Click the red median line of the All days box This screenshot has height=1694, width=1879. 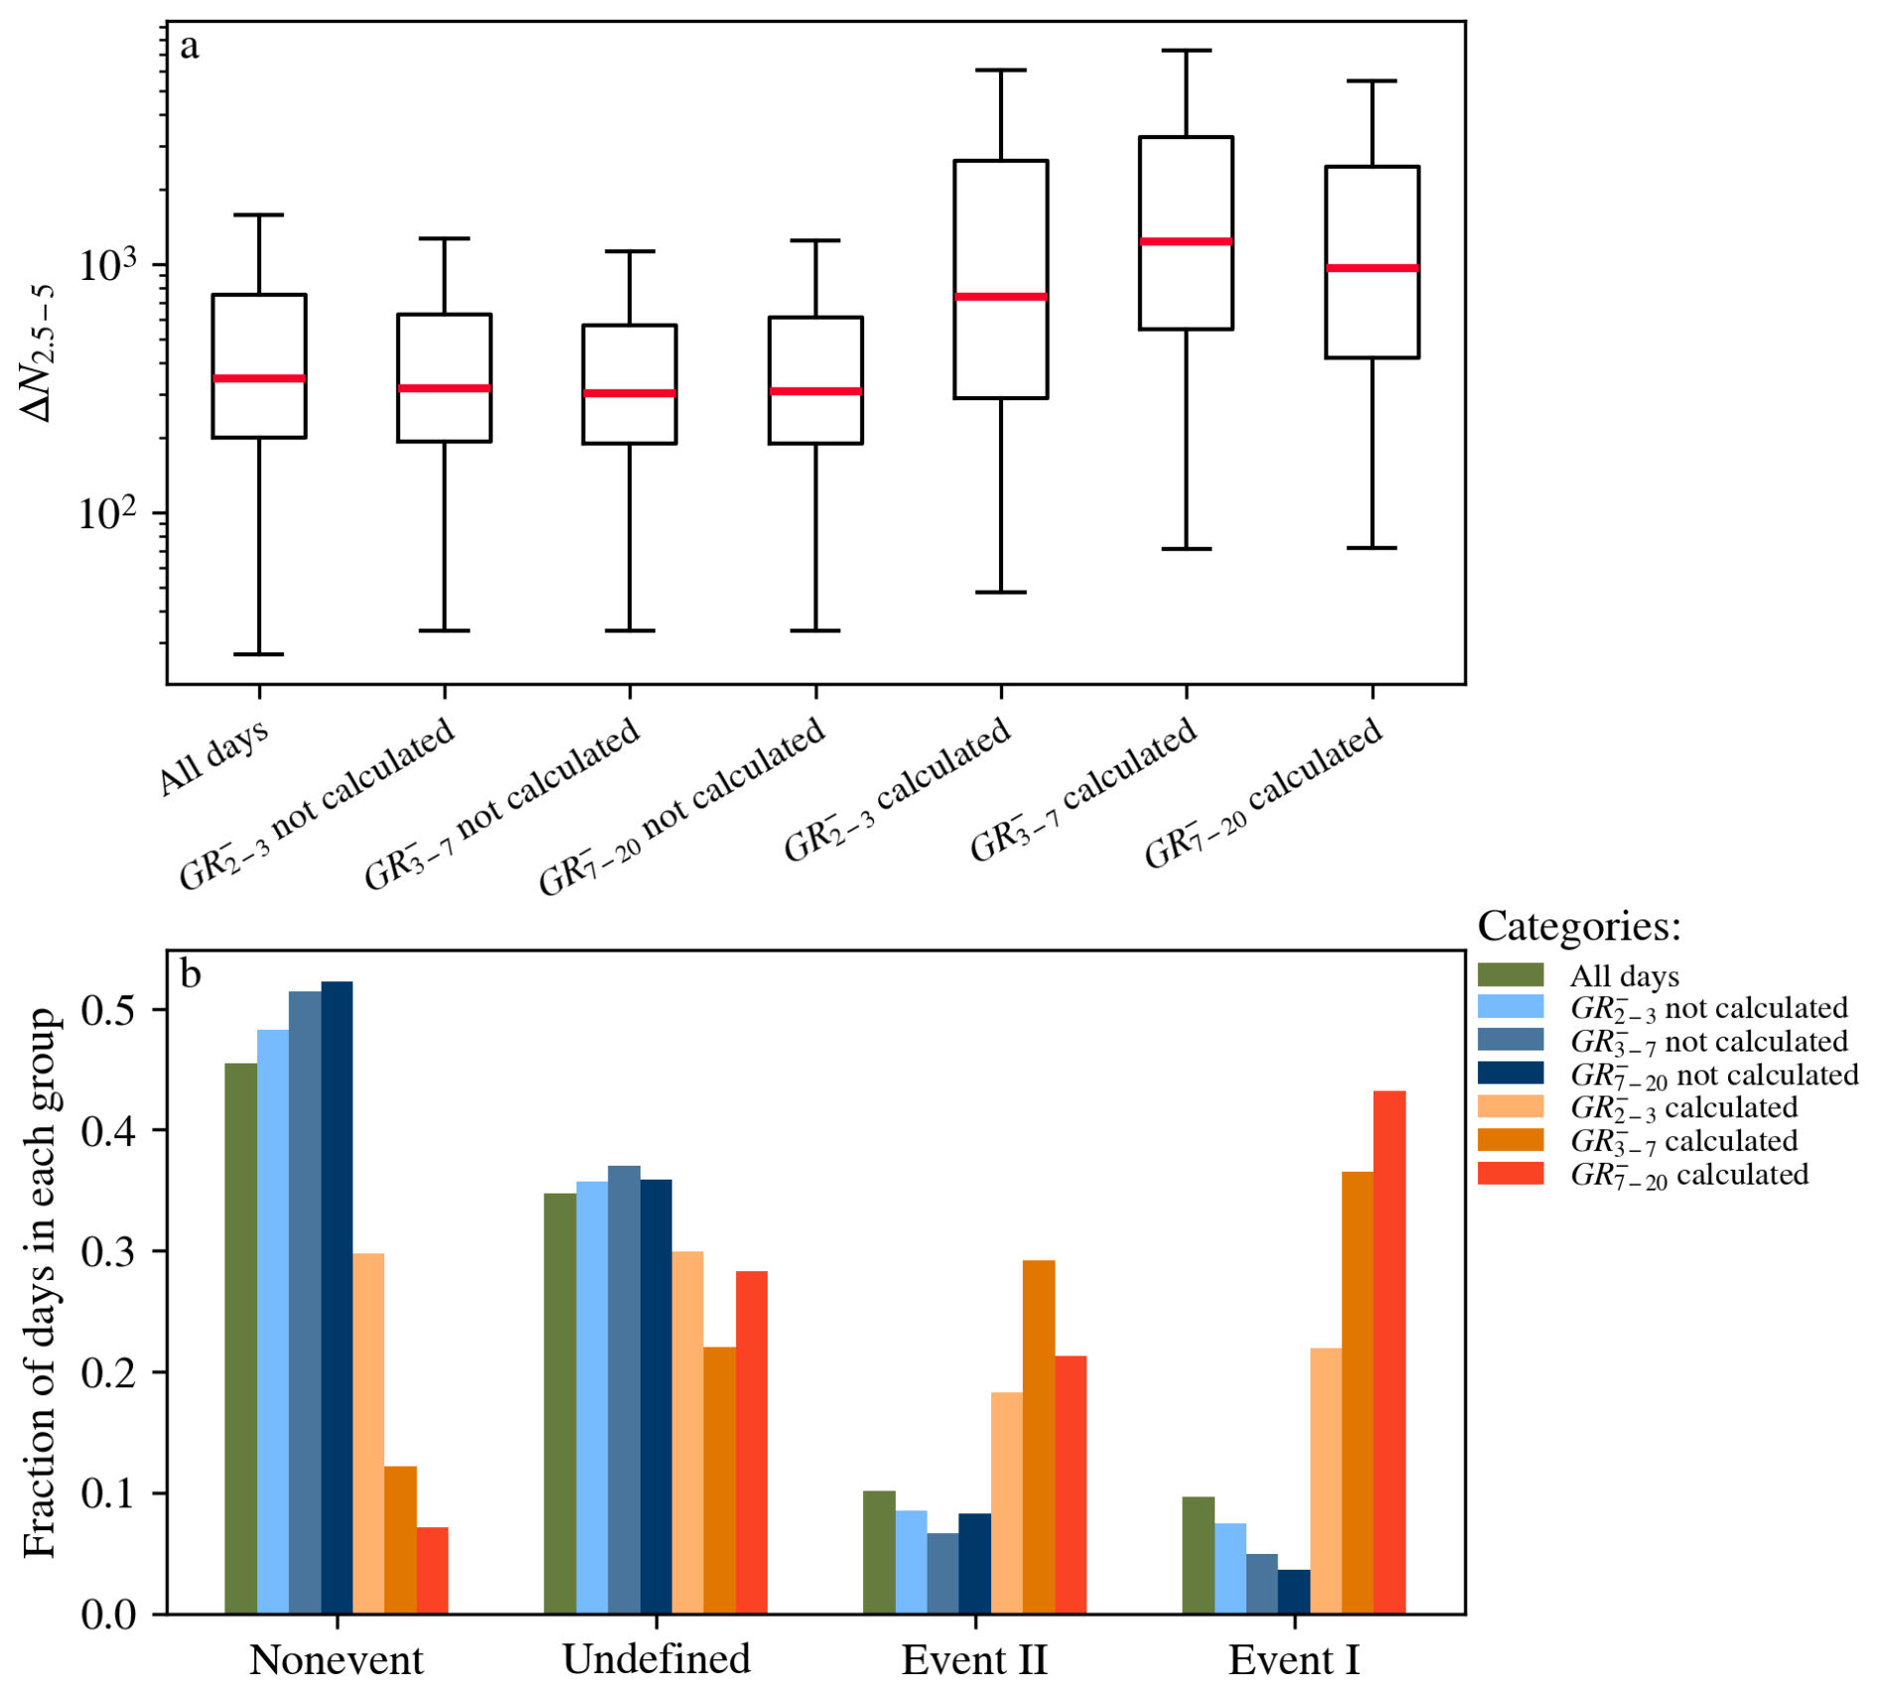pyautogui.click(x=258, y=378)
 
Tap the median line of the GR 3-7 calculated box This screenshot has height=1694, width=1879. pyautogui.click(x=1186, y=241)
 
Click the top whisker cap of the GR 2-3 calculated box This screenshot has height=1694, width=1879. pyautogui.click(x=1000, y=71)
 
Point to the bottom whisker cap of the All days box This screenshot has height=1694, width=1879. pyautogui.click(x=258, y=654)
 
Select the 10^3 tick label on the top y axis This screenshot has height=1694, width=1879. pyautogui.click(x=106, y=266)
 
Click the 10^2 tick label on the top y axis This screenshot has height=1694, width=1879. pyautogui.click(x=106, y=514)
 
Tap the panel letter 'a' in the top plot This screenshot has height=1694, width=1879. pyautogui.click(x=190, y=47)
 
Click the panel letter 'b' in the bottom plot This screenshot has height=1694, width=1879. pyautogui.click(x=191, y=974)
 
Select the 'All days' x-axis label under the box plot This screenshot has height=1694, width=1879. pyautogui.click(x=214, y=757)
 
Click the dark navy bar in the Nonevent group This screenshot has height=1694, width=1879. pyautogui.click(x=337, y=1297)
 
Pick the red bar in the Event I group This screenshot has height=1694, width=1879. pyautogui.click(x=1389, y=1352)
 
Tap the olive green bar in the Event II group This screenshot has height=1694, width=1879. pyautogui.click(x=879, y=1552)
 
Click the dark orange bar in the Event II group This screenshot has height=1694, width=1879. pyautogui.click(x=1039, y=1437)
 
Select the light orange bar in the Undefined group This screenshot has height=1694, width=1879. pyautogui.click(x=687, y=1432)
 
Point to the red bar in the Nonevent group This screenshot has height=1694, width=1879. pyautogui.click(x=432, y=1570)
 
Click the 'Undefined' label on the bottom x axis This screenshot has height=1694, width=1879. pyautogui.click(x=655, y=1659)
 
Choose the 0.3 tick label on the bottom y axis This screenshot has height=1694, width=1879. pyautogui.click(x=109, y=1252)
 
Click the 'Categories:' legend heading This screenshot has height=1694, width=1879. pyautogui.click(x=1579, y=926)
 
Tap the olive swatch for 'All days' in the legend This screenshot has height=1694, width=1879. pyautogui.click(x=1511, y=975)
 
